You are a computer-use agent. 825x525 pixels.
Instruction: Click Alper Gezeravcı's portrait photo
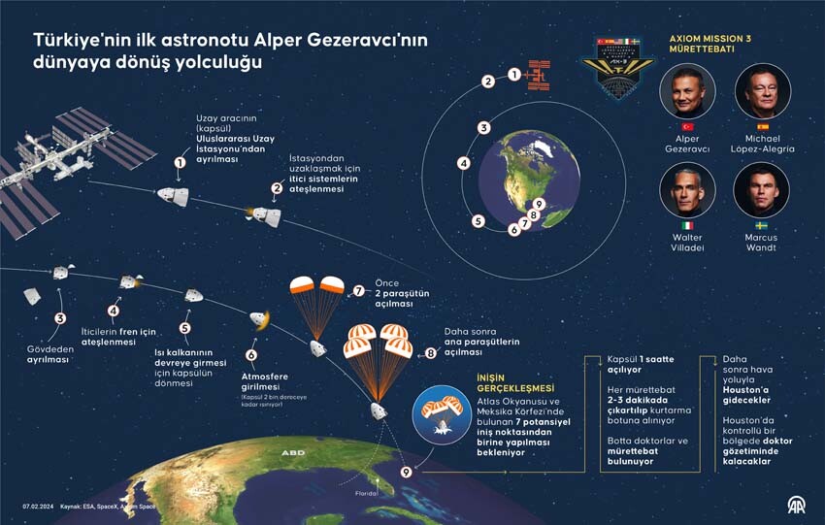click(x=687, y=92)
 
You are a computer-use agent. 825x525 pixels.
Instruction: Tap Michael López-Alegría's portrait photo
click(x=762, y=92)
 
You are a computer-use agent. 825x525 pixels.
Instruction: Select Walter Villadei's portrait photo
click(x=687, y=190)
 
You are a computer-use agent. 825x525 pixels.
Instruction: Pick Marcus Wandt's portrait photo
click(x=762, y=190)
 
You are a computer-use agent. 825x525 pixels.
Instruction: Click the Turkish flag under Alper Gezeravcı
click(x=687, y=127)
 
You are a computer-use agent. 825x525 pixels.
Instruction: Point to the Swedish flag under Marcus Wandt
click(x=762, y=225)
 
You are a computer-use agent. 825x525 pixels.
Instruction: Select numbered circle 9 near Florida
click(x=407, y=472)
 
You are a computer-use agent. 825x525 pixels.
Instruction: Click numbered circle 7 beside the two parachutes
click(x=359, y=290)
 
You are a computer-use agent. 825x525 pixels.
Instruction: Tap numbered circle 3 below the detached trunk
click(x=60, y=317)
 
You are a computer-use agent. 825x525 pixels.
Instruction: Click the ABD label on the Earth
click(x=292, y=453)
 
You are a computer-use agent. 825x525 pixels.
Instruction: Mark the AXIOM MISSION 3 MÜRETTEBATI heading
click(x=710, y=45)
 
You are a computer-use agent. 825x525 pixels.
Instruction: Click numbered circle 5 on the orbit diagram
click(x=478, y=220)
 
